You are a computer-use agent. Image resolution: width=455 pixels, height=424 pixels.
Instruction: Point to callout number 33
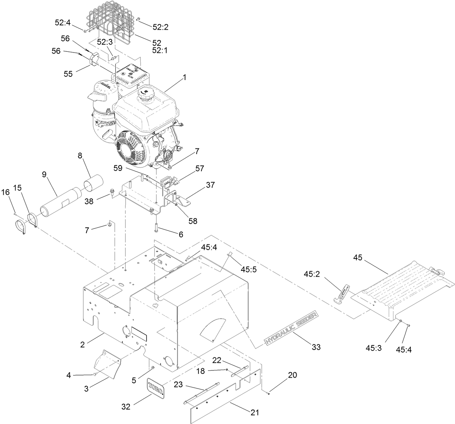pyautogui.click(x=316, y=347)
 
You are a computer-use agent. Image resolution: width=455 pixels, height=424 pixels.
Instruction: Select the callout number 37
pyautogui.click(x=210, y=185)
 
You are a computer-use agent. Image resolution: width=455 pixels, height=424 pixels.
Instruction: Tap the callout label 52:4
pyautogui.click(x=63, y=22)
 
